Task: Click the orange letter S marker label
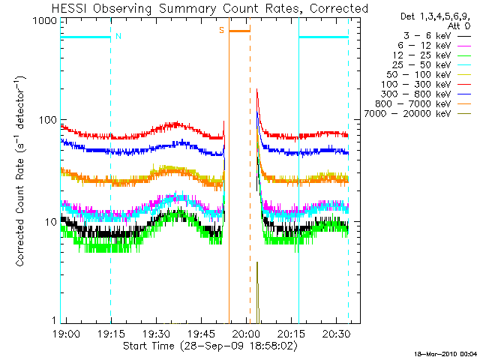coord(222,30)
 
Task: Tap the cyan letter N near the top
coord(118,36)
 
